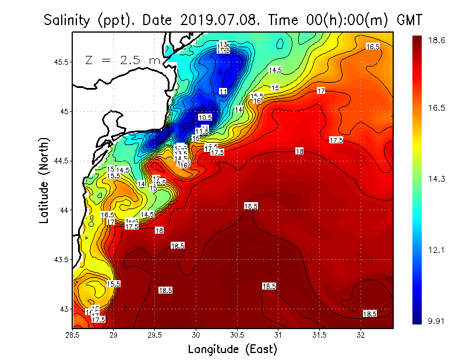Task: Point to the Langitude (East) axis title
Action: (x=232, y=349)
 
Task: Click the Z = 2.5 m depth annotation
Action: (x=123, y=60)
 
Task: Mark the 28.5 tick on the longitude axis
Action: (x=73, y=335)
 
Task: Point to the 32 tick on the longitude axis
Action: (x=361, y=335)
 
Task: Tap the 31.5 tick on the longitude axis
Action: (x=319, y=335)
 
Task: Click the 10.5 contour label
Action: (x=204, y=117)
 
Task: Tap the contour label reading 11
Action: (x=223, y=91)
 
